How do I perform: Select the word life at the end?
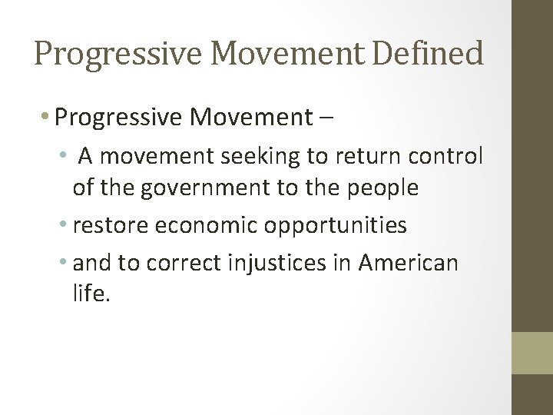[x=92, y=295]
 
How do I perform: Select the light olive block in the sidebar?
[x=532, y=353]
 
